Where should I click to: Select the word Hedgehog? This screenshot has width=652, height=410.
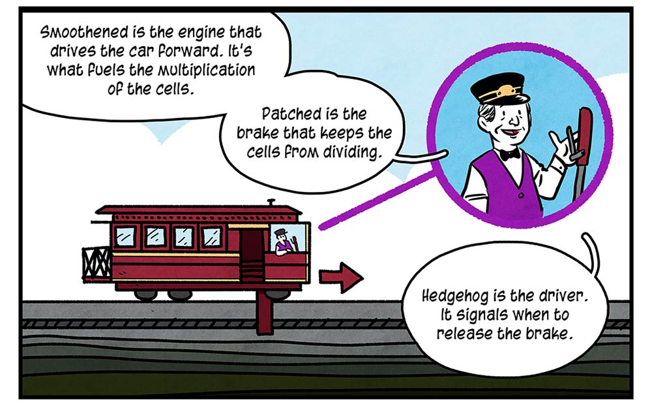[x=455, y=296]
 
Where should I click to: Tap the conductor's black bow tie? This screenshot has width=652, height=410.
[x=510, y=155]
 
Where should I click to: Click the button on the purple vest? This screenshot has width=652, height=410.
[x=520, y=195]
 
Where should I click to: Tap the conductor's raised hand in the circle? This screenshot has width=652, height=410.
[x=562, y=146]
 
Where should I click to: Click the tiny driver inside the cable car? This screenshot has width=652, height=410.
[x=283, y=242]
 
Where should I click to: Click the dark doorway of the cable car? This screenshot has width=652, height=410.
[x=252, y=255]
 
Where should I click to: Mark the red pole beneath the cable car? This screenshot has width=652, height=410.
[x=265, y=312]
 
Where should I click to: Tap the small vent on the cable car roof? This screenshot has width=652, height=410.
[x=271, y=202]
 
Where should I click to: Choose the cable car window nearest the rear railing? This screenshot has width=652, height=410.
[x=125, y=236]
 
